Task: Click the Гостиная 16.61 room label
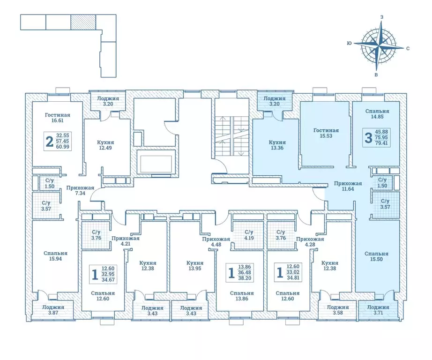pyautogui.click(x=58, y=118)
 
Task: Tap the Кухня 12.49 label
pyautogui.click(x=105, y=145)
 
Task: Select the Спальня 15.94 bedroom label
pyautogui.click(x=56, y=256)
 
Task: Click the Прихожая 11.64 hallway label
pyautogui.click(x=348, y=186)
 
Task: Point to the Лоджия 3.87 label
pyautogui.click(x=53, y=310)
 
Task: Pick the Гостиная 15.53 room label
pyautogui.click(x=326, y=133)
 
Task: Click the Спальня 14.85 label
pyautogui.click(x=377, y=113)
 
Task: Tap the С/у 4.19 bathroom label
pyautogui.click(x=249, y=235)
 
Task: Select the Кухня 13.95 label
pyautogui.click(x=195, y=265)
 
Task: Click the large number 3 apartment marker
pyautogui.click(x=368, y=138)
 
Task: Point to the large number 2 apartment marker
pyautogui.click(x=50, y=142)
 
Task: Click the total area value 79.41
pyautogui.click(x=381, y=143)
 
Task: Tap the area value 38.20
pyautogui.click(x=245, y=278)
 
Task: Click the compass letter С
pyautogui.click(x=408, y=48)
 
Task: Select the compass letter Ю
pyautogui.click(x=349, y=43)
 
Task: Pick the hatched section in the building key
pyautogui.click(x=83, y=22)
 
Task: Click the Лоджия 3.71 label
pyautogui.click(x=378, y=310)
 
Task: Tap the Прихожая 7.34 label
pyautogui.click(x=80, y=190)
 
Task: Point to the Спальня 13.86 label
pyautogui.click(x=242, y=296)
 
